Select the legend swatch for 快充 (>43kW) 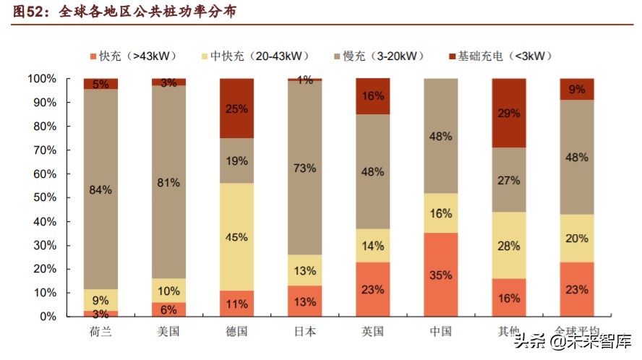tap(93, 56)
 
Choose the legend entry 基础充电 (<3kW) tap(499, 56)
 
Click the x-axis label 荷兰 tap(100, 331)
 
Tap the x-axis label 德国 tap(236, 331)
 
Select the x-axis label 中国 tap(440, 331)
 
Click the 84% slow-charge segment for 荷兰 tap(100, 189)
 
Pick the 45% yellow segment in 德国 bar tap(236, 237)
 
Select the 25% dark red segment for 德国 tap(236, 108)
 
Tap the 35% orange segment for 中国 tap(440, 275)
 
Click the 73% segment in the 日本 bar tap(304, 168)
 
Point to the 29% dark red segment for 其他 tap(508, 113)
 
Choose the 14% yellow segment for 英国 tap(372, 246)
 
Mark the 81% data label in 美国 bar tap(168, 183)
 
